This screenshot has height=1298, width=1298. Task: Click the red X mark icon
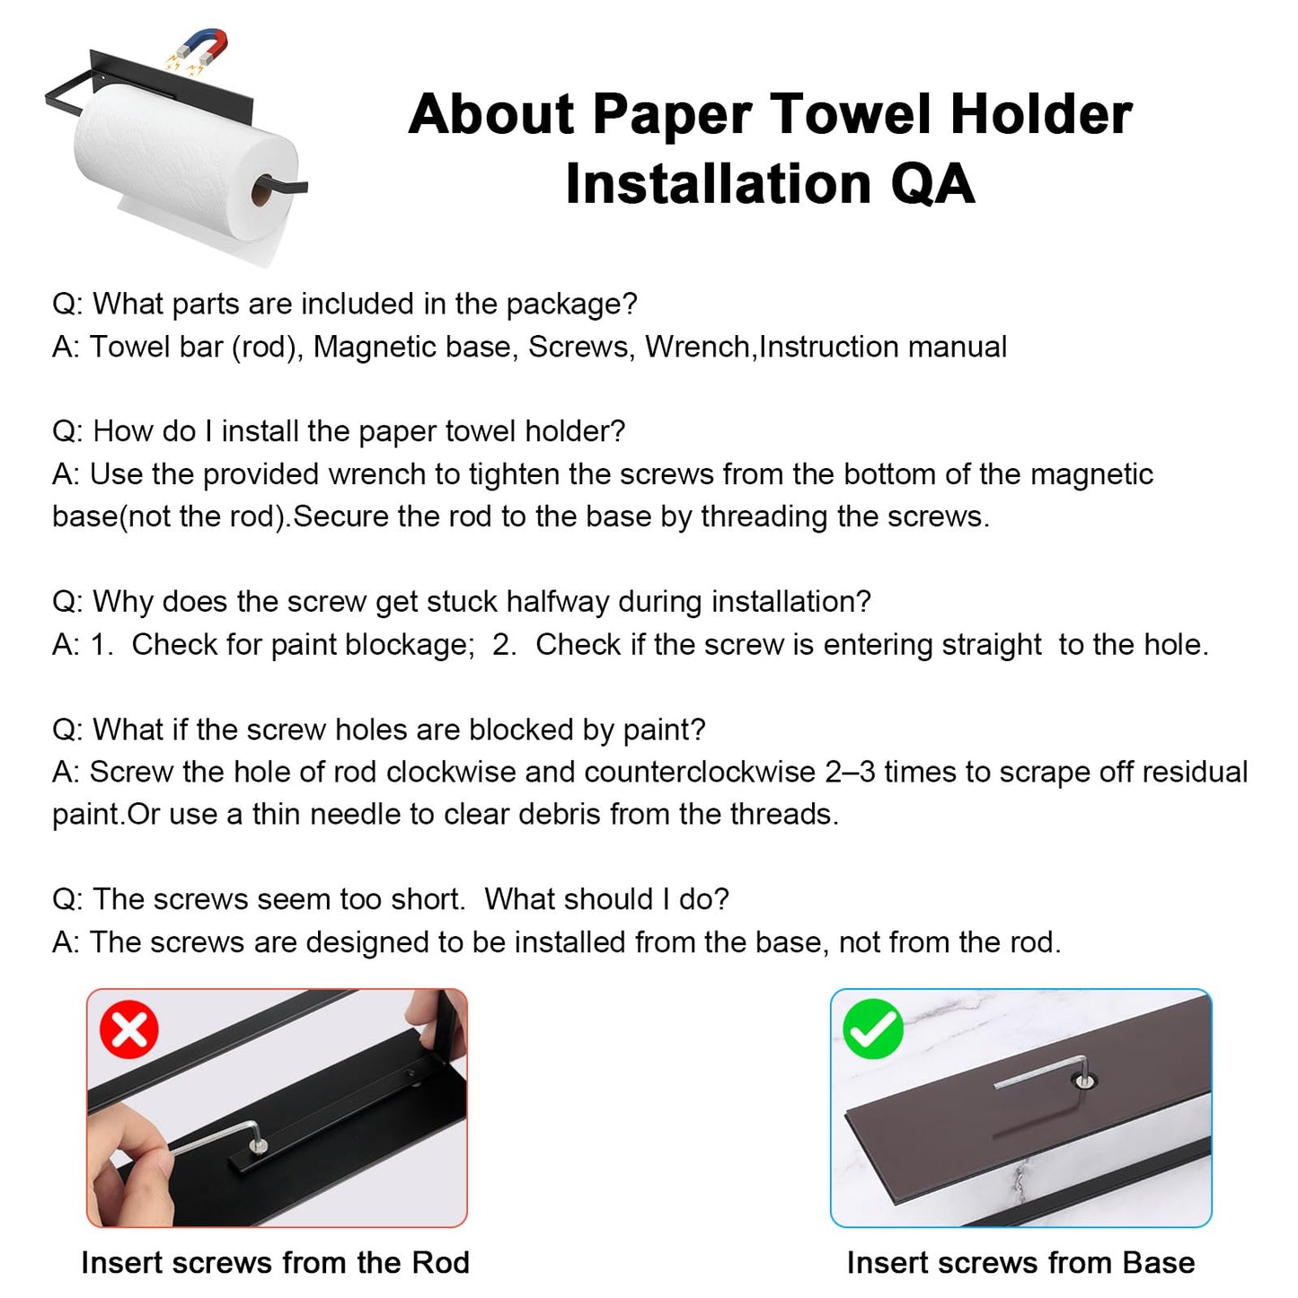[129, 1029]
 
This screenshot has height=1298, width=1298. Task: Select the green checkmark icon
[872, 1029]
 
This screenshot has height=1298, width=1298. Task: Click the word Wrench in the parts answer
[698, 347]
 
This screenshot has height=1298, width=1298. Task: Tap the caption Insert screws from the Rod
[275, 1262]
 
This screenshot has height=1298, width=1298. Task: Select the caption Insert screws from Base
[1020, 1262]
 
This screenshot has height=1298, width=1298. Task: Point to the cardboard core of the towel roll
[261, 190]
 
